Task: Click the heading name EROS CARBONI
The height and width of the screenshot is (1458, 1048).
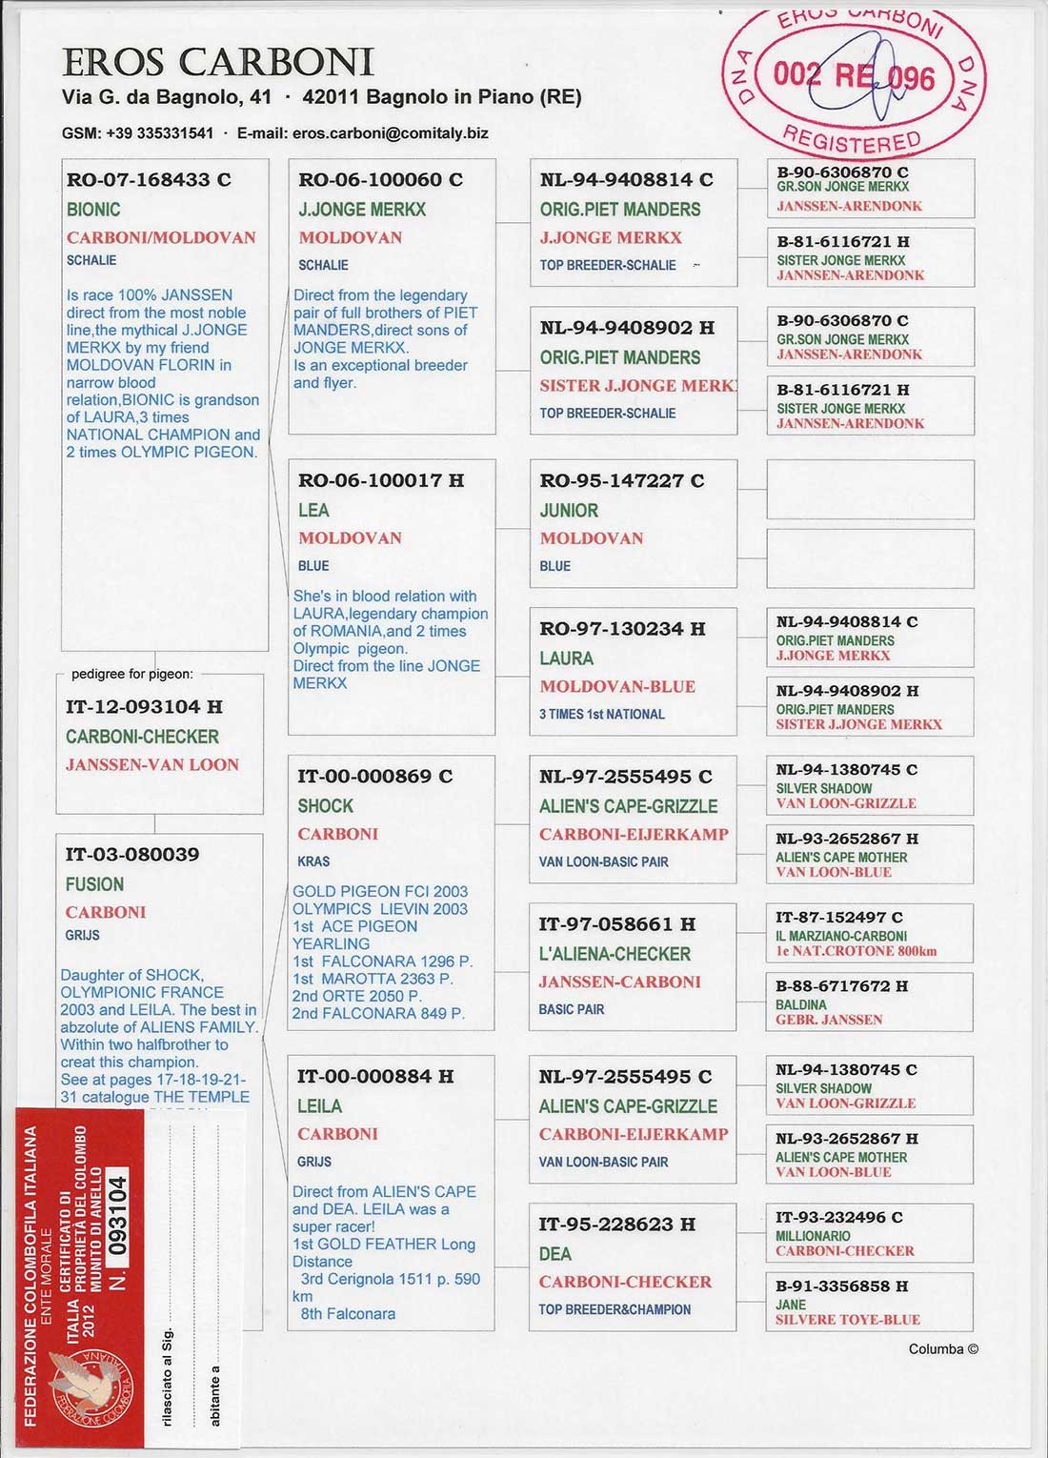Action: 218,64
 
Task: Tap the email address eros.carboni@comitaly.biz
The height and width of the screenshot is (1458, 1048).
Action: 390,133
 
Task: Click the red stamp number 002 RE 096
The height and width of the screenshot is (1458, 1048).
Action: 854,75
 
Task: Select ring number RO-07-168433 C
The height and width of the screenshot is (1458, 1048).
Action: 149,179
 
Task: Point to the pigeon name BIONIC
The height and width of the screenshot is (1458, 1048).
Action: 93,210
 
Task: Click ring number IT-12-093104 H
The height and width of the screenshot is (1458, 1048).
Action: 144,707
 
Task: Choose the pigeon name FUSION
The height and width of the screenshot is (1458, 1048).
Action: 94,884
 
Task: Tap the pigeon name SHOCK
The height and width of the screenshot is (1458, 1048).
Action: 325,806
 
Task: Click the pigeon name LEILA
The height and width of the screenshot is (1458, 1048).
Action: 319,1106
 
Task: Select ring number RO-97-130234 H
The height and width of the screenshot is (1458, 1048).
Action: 622,629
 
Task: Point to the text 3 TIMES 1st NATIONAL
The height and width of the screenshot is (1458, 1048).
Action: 602,714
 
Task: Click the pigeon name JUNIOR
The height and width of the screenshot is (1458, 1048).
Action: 569,511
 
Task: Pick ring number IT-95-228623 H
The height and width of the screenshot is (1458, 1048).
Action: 616,1225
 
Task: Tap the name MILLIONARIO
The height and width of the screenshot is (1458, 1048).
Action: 814,1236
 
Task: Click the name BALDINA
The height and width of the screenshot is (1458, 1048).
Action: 801,1004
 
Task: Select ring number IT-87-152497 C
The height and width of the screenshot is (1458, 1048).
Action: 838,918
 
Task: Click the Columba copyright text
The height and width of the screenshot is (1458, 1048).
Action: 942,1348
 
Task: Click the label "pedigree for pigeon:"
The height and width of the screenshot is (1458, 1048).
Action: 131,674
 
